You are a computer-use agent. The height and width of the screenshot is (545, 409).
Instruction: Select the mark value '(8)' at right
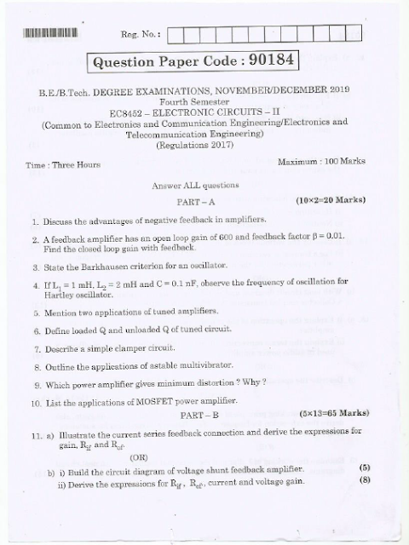tap(364, 479)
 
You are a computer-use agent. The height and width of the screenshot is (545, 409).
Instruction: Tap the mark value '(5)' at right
tap(364, 468)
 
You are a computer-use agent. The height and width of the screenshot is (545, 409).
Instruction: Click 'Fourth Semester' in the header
tap(205, 100)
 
